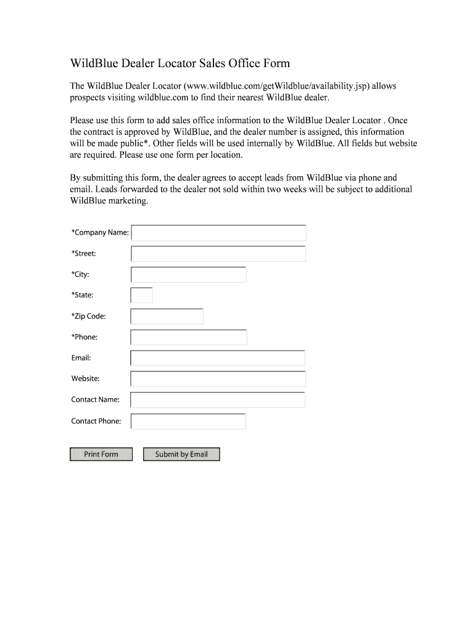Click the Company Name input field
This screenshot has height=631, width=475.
[x=218, y=233]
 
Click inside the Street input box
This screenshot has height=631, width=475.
[x=218, y=254]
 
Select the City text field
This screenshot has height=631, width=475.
[x=188, y=275]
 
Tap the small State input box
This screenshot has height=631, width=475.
[x=141, y=295]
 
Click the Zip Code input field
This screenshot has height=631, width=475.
[x=167, y=316]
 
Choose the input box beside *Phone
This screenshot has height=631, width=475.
[x=188, y=337]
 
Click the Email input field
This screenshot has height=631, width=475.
[x=218, y=358]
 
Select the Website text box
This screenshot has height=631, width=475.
[x=218, y=379]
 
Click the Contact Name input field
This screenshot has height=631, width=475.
[x=218, y=400]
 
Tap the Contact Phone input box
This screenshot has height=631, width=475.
[x=188, y=421]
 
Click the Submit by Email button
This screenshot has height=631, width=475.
[x=181, y=454]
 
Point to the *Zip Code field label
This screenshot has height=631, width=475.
[x=89, y=316]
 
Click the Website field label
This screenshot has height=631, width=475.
[x=85, y=379]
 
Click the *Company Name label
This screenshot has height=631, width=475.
[x=100, y=233]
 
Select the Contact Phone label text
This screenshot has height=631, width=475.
[x=96, y=421]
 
